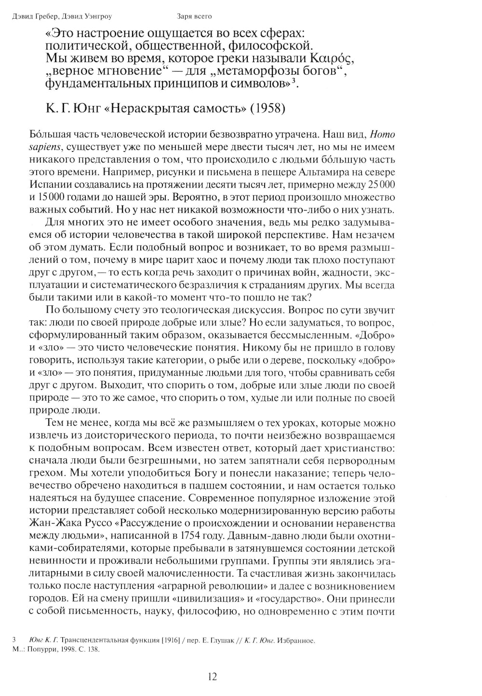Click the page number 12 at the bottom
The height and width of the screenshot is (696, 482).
coord(212,676)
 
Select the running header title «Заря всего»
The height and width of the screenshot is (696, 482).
coord(195,17)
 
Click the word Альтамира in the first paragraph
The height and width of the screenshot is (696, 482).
coord(339,172)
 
